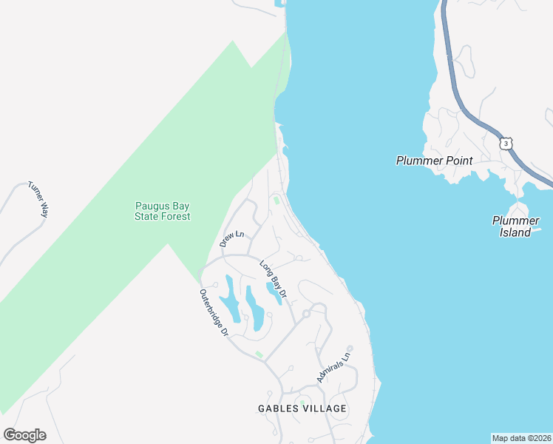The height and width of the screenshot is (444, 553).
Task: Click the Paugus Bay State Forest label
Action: [162, 211]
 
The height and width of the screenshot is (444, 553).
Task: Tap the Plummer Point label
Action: [434, 160]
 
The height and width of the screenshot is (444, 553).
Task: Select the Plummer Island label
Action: [512, 226]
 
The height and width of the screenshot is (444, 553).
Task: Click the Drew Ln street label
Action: [231, 239]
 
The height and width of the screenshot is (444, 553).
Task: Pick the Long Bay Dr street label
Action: [272, 279]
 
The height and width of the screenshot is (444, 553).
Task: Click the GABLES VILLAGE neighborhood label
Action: [302, 408]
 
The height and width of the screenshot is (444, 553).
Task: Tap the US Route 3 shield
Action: [505, 142]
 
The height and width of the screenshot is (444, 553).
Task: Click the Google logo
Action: [24, 435]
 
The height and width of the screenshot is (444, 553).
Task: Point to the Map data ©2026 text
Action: [521, 437]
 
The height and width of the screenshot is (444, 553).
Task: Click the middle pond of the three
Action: [255, 309]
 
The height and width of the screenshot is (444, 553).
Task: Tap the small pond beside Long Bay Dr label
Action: [274, 293]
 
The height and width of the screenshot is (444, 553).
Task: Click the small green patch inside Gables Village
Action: [302, 403]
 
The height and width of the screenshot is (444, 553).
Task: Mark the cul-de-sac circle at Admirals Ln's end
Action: [350, 349]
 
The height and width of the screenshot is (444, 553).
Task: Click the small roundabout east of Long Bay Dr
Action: [306, 314]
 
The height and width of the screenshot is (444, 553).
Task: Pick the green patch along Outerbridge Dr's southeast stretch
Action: [259, 355]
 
